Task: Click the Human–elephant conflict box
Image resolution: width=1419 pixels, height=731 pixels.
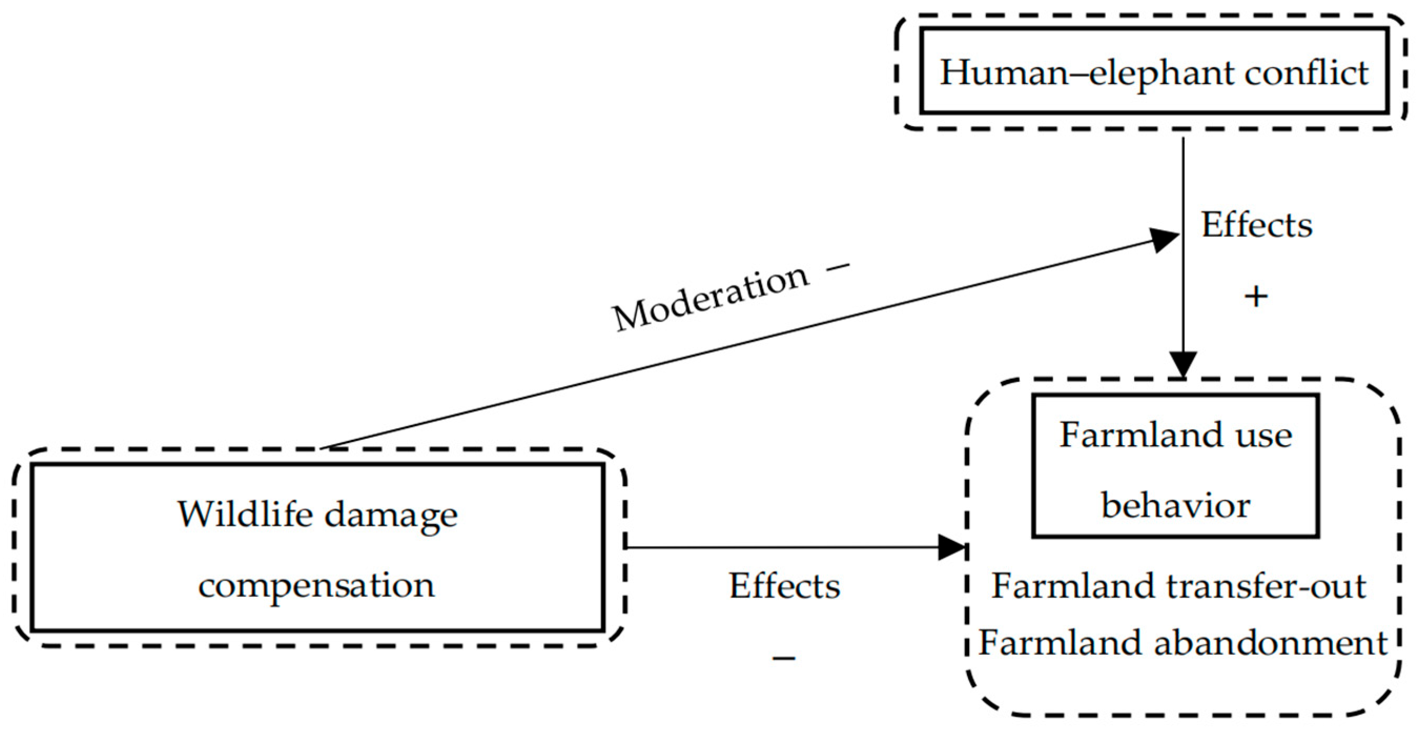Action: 1154,71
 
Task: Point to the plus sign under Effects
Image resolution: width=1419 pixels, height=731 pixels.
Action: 1256,297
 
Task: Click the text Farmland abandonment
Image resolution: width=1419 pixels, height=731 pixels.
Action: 1182,643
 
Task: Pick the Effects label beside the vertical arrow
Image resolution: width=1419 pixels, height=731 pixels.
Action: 1257,225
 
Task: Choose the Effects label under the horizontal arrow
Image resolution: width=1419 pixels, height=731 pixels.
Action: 785,585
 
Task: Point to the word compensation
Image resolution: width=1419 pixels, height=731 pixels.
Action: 317,585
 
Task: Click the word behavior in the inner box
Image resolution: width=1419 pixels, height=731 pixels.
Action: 1176,506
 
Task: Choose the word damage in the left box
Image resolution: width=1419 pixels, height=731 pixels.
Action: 390,515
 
